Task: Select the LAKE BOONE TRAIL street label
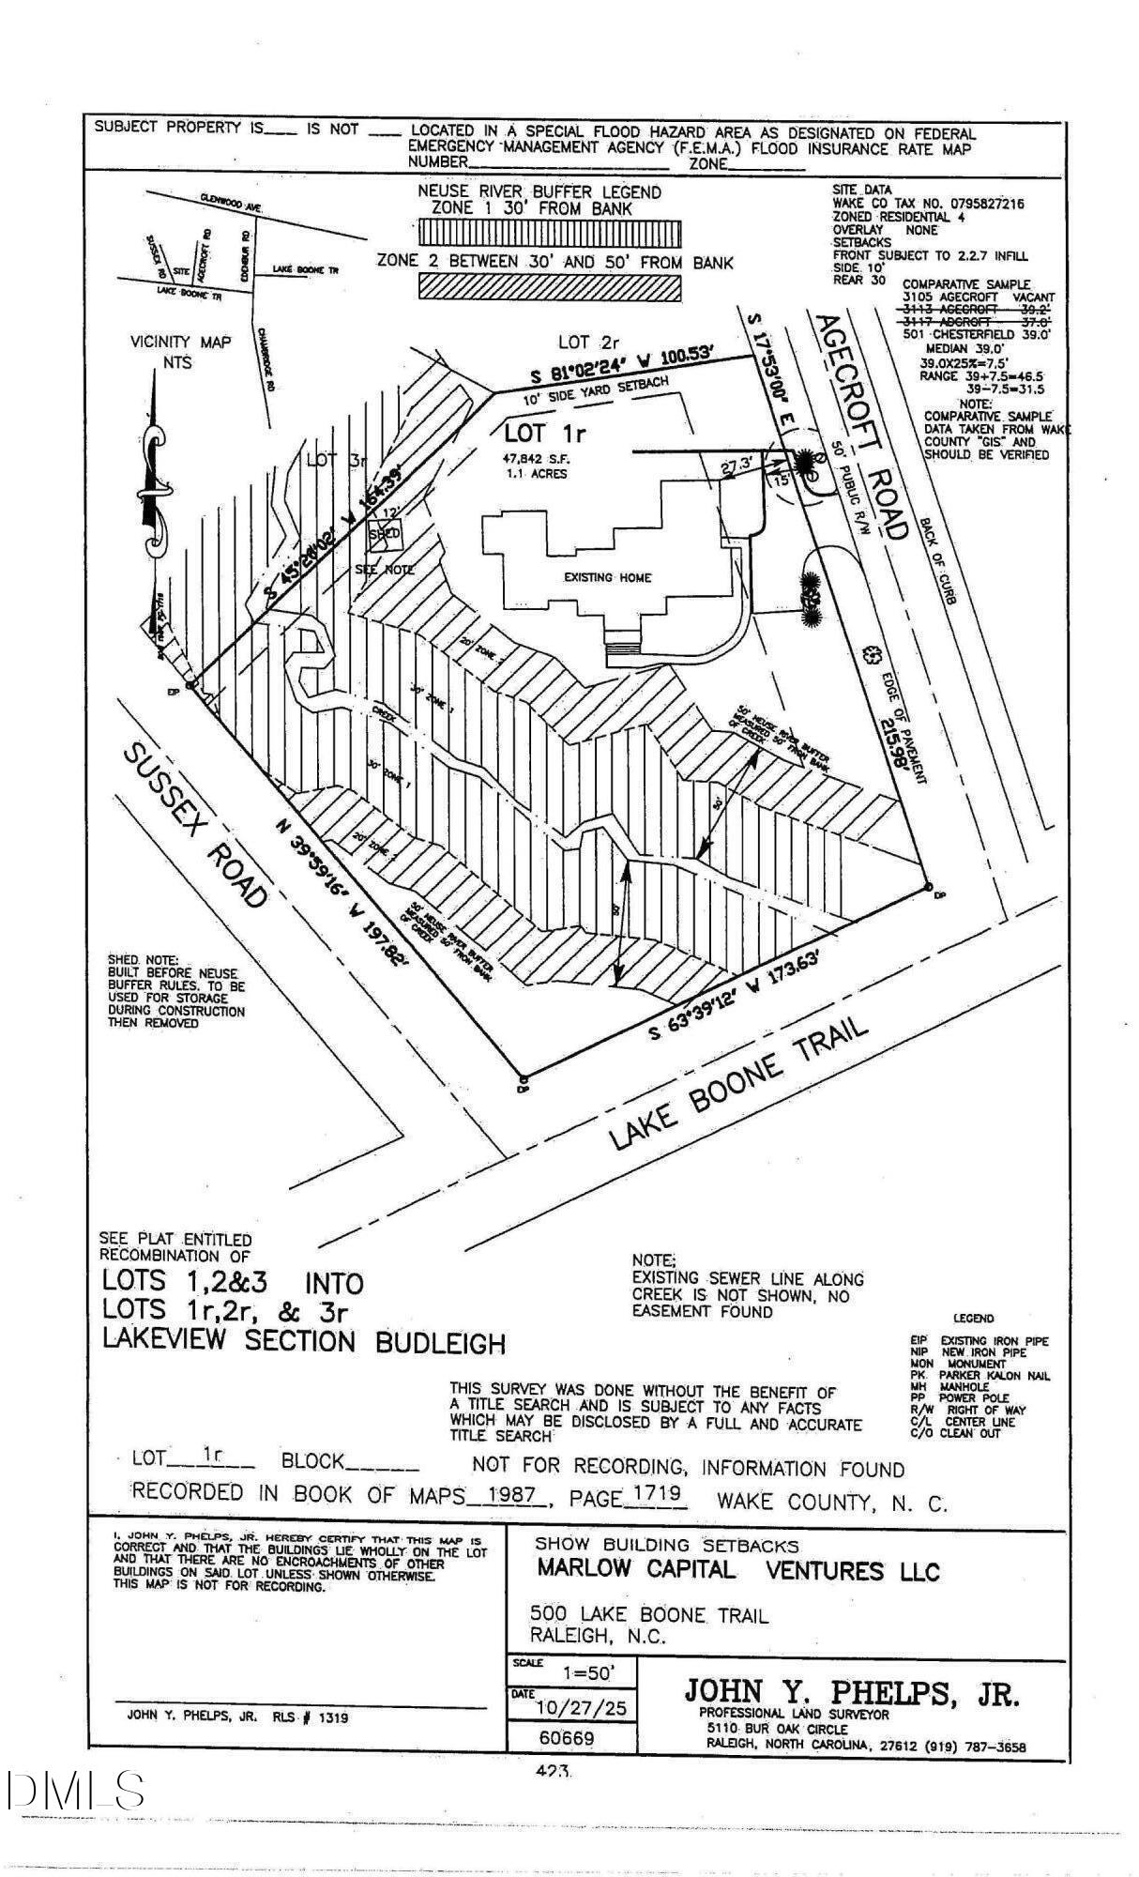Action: point(737,1083)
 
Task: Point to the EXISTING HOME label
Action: point(607,577)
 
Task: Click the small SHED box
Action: point(384,533)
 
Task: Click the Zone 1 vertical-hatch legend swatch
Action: point(539,232)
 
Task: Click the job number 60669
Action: point(567,1738)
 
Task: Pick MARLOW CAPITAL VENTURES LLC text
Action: point(737,1569)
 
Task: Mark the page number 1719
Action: point(655,1494)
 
